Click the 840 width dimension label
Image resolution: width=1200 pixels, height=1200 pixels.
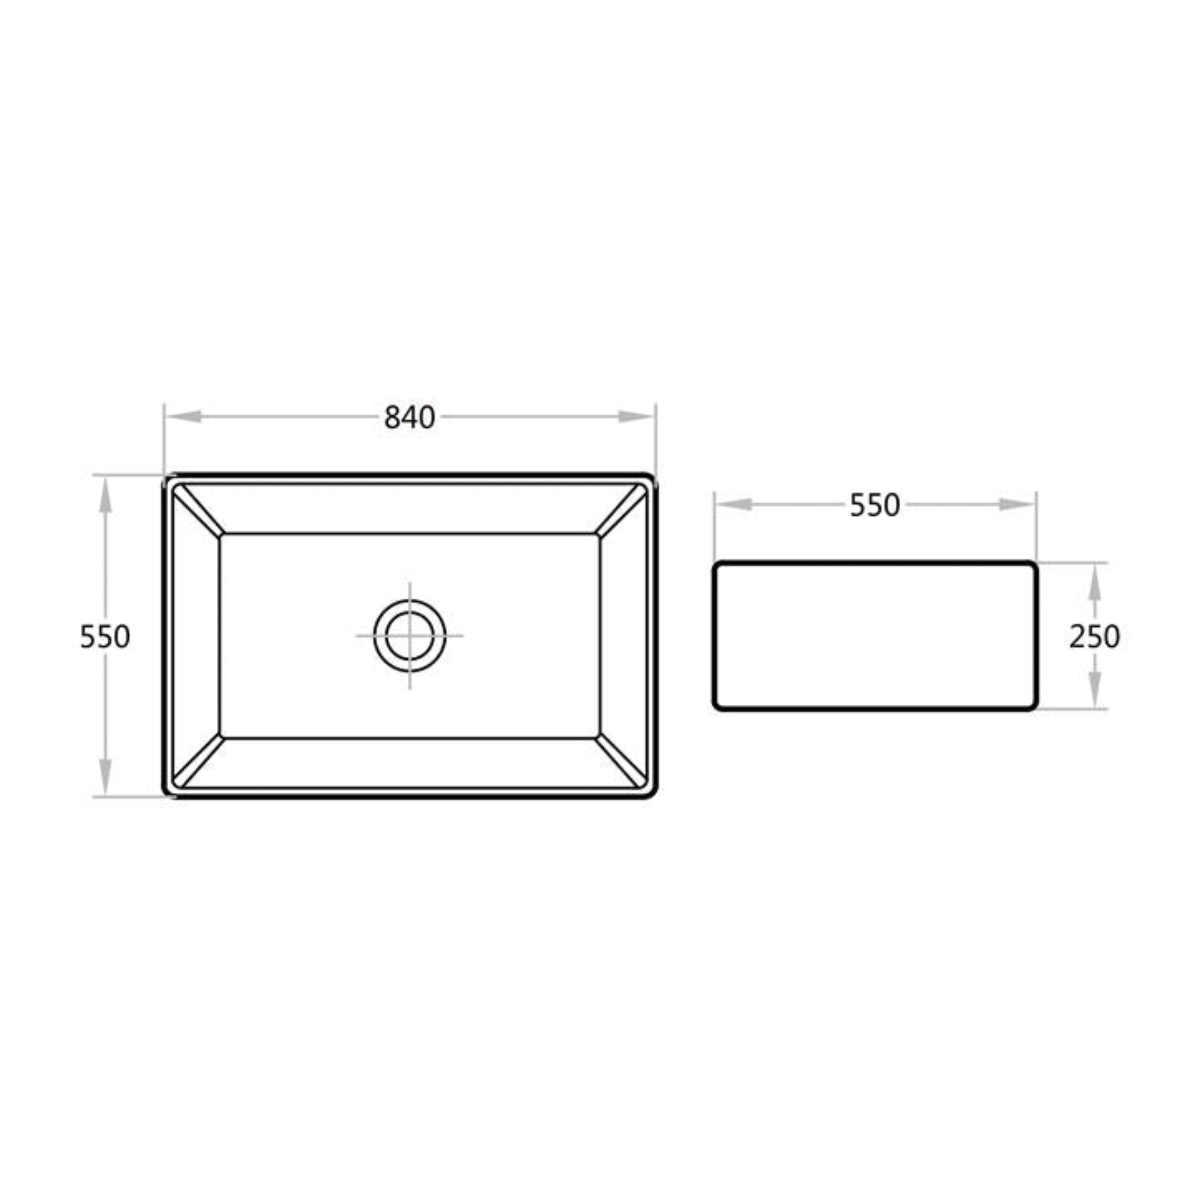tap(410, 417)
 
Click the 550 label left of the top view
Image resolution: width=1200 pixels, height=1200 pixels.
tap(105, 637)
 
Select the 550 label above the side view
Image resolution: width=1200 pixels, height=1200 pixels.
tap(875, 505)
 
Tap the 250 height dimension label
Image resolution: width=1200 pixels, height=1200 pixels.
tap(1095, 637)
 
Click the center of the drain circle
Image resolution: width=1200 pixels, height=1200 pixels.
tap(410, 636)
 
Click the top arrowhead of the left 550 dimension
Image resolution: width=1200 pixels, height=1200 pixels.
tap(105, 496)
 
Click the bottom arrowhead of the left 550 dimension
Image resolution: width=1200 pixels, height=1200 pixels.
tap(105, 776)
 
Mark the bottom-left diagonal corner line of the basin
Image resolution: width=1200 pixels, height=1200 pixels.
tap(197, 762)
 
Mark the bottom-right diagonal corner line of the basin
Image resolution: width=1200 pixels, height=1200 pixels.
tap(622, 762)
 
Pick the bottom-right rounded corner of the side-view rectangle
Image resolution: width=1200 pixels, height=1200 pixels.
tap(1032, 705)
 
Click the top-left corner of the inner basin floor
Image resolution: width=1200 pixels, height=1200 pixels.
tap(221, 535)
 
